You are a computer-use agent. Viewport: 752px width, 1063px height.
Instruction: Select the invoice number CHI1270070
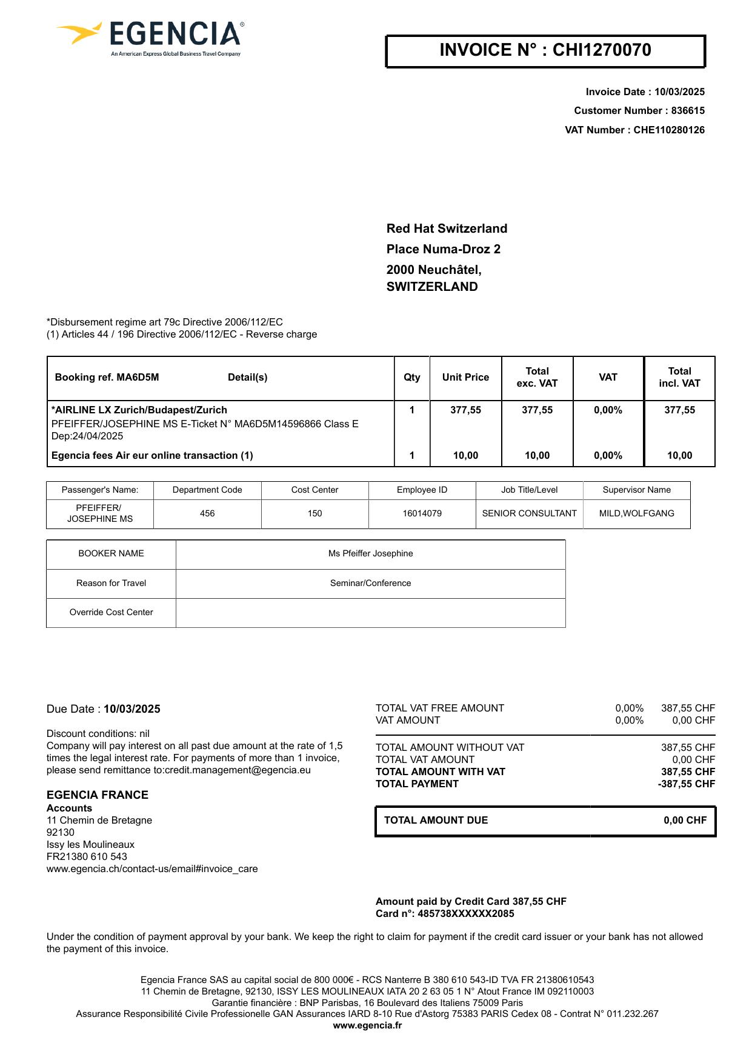602,50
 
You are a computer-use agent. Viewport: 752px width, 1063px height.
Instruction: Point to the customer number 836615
688,111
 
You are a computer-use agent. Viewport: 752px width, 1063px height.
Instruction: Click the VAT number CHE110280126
669,130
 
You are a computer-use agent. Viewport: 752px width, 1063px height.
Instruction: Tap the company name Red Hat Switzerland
447,228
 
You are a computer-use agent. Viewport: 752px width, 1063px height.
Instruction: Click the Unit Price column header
465,378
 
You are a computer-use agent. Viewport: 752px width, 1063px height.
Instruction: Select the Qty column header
412,378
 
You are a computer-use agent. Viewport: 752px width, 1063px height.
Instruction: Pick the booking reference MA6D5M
138,378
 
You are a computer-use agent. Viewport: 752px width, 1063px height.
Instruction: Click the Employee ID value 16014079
422,513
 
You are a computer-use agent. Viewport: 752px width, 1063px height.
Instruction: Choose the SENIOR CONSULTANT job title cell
529,513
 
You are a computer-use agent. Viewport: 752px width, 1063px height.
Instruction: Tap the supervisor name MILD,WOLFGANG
636,513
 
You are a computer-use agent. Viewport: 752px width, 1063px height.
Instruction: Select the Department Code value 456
207,513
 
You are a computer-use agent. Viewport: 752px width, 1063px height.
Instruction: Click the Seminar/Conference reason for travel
370,583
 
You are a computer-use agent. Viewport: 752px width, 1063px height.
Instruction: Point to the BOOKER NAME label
111,553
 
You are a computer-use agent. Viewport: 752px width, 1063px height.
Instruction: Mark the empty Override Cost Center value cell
370,613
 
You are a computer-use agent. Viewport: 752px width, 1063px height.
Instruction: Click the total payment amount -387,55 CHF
687,784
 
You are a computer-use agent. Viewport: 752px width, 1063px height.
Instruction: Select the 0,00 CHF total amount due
685,821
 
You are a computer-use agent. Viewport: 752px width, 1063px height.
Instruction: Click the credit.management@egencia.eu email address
238,770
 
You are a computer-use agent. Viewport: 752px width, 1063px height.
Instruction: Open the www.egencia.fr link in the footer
367,1025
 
